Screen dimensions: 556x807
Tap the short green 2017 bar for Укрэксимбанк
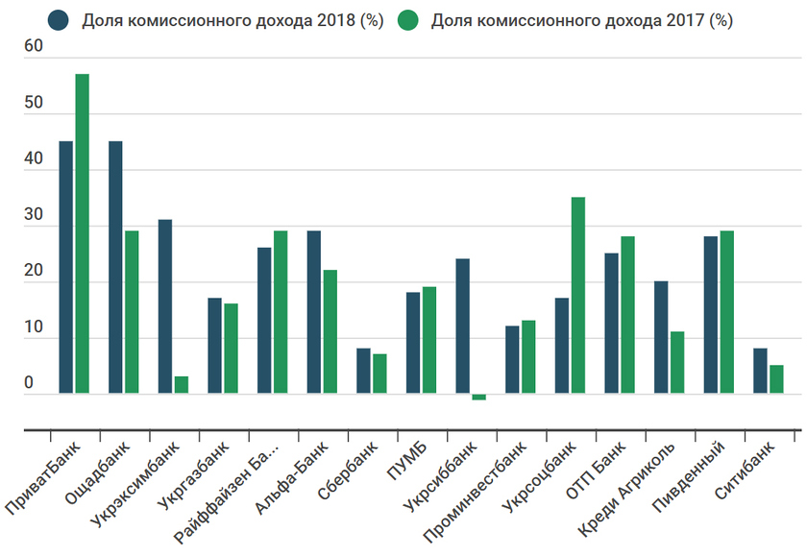click(x=182, y=384)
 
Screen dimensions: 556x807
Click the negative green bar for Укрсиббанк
click(x=478, y=397)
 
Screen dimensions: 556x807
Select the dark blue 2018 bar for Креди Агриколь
click(x=661, y=337)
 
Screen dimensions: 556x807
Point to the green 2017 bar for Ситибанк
click(x=776, y=378)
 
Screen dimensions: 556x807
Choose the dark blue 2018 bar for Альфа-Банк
click(x=314, y=312)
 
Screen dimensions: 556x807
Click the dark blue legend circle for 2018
click(x=61, y=20)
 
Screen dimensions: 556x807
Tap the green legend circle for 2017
click(x=408, y=20)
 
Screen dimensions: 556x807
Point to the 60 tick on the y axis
click(x=34, y=47)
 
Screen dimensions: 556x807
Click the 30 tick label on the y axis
click(x=34, y=216)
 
